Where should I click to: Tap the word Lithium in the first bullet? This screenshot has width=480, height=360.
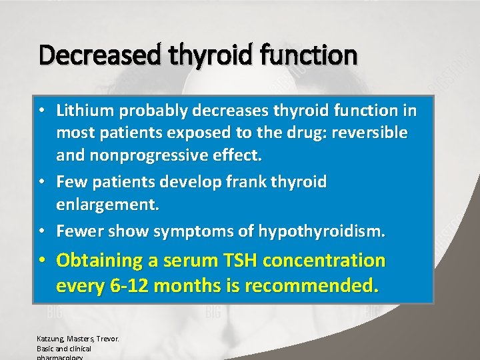pyautogui.click(x=82, y=109)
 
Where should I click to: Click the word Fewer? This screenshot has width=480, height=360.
pyautogui.click(x=79, y=231)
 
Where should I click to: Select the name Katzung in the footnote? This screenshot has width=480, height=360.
pyautogui.click(x=48, y=339)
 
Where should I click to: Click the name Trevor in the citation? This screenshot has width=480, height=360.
pyautogui.click(x=105, y=339)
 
